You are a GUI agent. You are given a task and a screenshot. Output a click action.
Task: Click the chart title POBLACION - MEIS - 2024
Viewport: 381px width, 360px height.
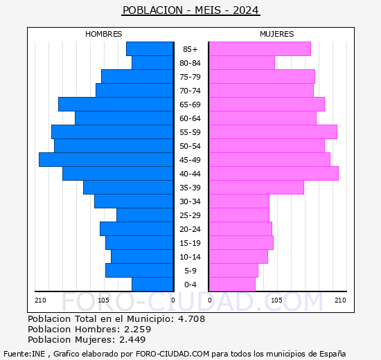(190, 10)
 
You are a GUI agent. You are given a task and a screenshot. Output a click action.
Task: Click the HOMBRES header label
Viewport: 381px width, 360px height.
(103, 34)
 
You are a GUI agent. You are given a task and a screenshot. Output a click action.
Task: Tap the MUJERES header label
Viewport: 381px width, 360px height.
(276, 34)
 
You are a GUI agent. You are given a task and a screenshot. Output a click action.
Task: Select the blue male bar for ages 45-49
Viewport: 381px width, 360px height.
(106, 160)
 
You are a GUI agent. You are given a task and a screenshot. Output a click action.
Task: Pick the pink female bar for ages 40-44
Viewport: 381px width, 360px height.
(273, 174)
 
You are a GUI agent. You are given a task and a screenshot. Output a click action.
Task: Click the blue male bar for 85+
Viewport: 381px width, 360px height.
(150, 49)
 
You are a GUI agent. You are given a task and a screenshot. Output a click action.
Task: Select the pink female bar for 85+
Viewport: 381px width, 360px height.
(259, 49)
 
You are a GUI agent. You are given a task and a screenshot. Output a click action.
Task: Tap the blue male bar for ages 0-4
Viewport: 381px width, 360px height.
(152, 285)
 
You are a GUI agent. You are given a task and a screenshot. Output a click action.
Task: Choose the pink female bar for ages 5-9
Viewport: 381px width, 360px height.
(233, 271)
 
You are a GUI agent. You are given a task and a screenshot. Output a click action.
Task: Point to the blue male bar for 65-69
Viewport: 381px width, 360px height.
(116, 105)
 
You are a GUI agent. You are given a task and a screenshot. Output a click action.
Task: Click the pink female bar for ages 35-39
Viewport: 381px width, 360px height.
(256, 188)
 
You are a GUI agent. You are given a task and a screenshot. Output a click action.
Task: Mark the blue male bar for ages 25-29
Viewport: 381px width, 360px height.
(145, 215)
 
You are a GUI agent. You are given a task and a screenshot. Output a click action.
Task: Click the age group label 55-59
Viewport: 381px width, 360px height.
(190, 132)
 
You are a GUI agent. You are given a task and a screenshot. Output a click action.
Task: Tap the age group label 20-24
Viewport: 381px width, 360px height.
(190, 229)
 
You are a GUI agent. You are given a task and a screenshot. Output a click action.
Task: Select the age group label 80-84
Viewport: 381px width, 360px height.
(190, 63)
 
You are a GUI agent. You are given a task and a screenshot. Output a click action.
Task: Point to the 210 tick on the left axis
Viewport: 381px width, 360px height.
(41, 300)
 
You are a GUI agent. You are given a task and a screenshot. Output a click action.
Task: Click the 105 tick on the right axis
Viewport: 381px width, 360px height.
(276, 300)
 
